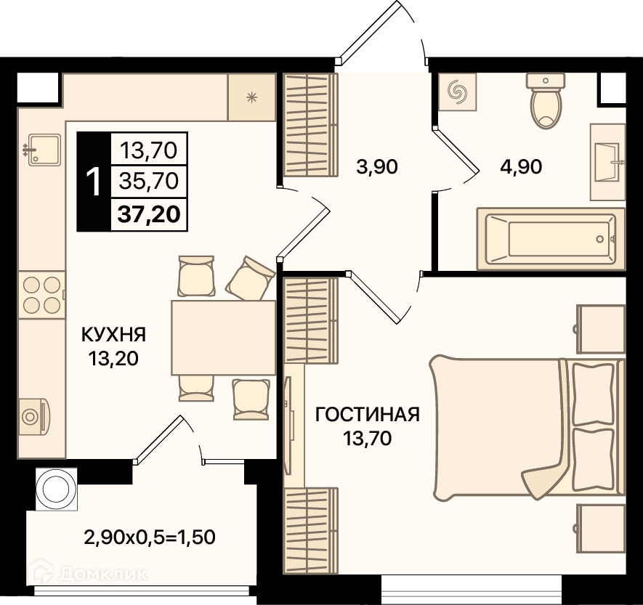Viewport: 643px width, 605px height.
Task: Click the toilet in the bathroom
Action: [x=546, y=101]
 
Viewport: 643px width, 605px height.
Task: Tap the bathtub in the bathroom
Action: [x=551, y=238]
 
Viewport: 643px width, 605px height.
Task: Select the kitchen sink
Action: [x=44, y=150]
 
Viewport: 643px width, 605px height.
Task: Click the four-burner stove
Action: [x=41, y=295]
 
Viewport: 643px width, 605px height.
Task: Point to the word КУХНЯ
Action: [x=114, y=335]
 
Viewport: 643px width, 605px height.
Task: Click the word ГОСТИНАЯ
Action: [x=368, y=415]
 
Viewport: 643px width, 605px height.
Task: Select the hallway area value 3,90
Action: [x=377, y=167]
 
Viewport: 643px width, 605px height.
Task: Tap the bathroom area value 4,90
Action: [x=521, y=167]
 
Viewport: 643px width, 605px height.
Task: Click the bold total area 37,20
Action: [x=149, y=214]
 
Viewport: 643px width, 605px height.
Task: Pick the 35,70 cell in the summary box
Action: [x=149, y=181]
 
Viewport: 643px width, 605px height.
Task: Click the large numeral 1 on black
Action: [x=94, y=182]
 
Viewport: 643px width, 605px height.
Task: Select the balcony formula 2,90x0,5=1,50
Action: [x=150, y=537]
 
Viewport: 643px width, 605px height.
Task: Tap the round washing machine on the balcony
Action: [x=57, y=490]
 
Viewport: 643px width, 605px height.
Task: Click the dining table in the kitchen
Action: [x=224, y=337]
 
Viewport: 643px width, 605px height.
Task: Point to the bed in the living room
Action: [x=527, y=428]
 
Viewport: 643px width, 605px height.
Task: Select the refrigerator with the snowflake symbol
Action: [x=252, y=97]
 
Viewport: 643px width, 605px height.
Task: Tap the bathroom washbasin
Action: [x=608, y=162]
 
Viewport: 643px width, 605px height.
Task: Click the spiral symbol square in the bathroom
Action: [x=458, y=92]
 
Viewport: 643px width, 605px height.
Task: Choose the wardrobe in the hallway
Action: [x=310, y=125]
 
